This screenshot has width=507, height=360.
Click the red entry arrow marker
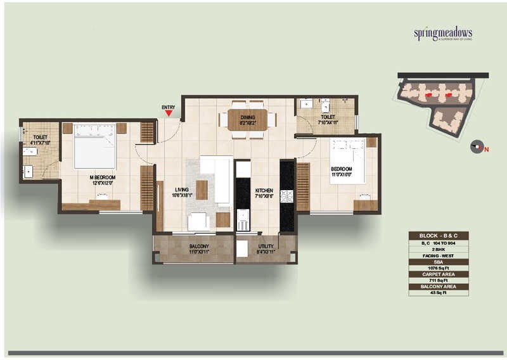point(168,113)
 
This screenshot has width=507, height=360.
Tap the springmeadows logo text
point(444,34)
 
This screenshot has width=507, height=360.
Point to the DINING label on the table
point(247,117)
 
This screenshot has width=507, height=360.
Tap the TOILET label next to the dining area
point(327,118)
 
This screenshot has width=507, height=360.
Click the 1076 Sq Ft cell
point(438,267)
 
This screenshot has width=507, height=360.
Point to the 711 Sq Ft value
point(438,280)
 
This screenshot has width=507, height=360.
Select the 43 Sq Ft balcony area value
point(438,293)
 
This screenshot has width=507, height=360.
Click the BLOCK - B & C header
point(438,235)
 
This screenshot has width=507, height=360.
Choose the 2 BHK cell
point(438,248)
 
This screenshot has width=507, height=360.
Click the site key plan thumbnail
point(437,101)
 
